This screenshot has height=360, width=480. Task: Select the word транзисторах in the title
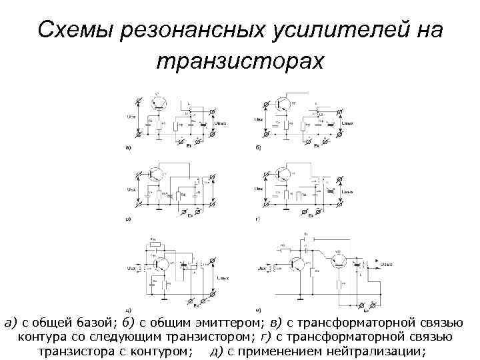pos(239,62)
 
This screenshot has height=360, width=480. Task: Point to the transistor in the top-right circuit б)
pos(284,103)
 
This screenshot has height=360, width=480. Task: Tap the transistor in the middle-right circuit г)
pos(283,174)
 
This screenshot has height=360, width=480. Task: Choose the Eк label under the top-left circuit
pos(189,145)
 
